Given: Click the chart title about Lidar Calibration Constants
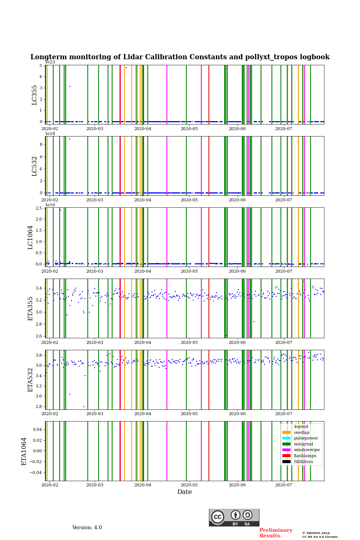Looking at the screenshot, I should (x=180, y=57).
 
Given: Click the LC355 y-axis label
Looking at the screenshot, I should (x=34, y=95).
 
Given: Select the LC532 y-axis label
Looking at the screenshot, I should (x=34, y=166).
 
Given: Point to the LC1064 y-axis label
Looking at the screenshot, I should (x=30, y=237).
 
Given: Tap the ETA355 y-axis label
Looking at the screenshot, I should (x=30, y=309).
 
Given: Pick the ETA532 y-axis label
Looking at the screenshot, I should (x=30, y=379).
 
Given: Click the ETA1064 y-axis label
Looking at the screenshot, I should (x=24, y=451).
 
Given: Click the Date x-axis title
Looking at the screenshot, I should (x=184, y=492).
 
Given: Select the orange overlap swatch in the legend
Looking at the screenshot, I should (x=286, y=432).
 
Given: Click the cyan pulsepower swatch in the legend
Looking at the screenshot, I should (x=286, y=438).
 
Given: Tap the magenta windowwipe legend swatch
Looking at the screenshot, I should (x=286, y=450).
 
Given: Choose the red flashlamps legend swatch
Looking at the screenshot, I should (x=286, y=456).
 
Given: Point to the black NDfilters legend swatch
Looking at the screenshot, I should (x=286, y=462).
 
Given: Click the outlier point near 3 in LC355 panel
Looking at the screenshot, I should (x=70, y=87).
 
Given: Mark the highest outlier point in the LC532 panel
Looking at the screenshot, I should (x=69, y=139).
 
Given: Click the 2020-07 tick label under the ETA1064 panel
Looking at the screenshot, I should (x=283, y=485).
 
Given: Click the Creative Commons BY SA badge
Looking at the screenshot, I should (x=234, y=517).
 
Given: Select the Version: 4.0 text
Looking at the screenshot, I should (x=87, y=528).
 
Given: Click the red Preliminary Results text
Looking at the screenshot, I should (x=276, y=533).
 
